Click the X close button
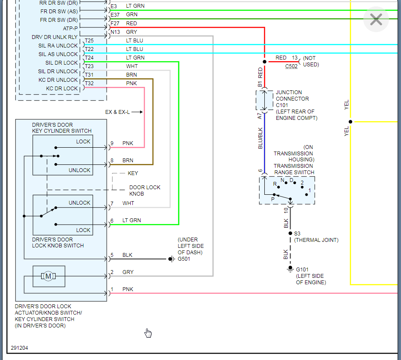click(376, 19)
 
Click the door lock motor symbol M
click(48, 276)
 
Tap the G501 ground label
click(184, 259)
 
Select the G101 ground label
click(302, 270)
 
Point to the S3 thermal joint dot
click(290, 233)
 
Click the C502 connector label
click(291, 66)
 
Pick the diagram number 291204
click(19, 348)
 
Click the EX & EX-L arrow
click(138, 112)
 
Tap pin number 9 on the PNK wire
click(112, 143)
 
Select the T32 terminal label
click(89, 83)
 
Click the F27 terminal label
click(115, 23)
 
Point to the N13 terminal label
click(115, 32)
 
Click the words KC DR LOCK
click(62, 89)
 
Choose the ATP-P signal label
click(70, 28)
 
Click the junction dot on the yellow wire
click(350, 122)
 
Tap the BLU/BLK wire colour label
click(260, 138)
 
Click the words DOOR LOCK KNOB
click(145, 190)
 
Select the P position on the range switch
click(272, 199)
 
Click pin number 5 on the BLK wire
click(112, 255)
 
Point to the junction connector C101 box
click(264, 100)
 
